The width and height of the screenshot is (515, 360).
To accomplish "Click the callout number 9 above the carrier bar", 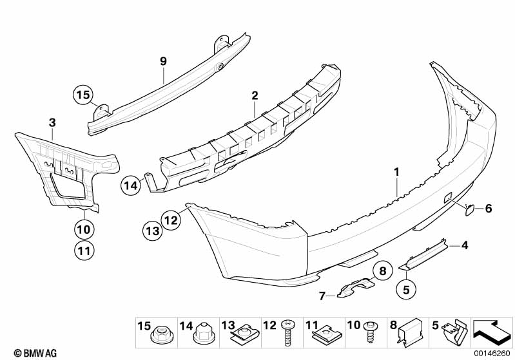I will [x=164, y=62].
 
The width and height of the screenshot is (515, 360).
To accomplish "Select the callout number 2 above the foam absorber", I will [x=255, y=95].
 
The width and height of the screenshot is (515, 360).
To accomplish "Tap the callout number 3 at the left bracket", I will [x=52, y=122].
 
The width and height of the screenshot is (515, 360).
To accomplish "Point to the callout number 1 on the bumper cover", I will [x=397, y=173].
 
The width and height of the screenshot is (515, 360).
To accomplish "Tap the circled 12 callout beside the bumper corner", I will [x=170, y=220].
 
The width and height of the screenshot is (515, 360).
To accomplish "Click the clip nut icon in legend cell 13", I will [x=242, y=334].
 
